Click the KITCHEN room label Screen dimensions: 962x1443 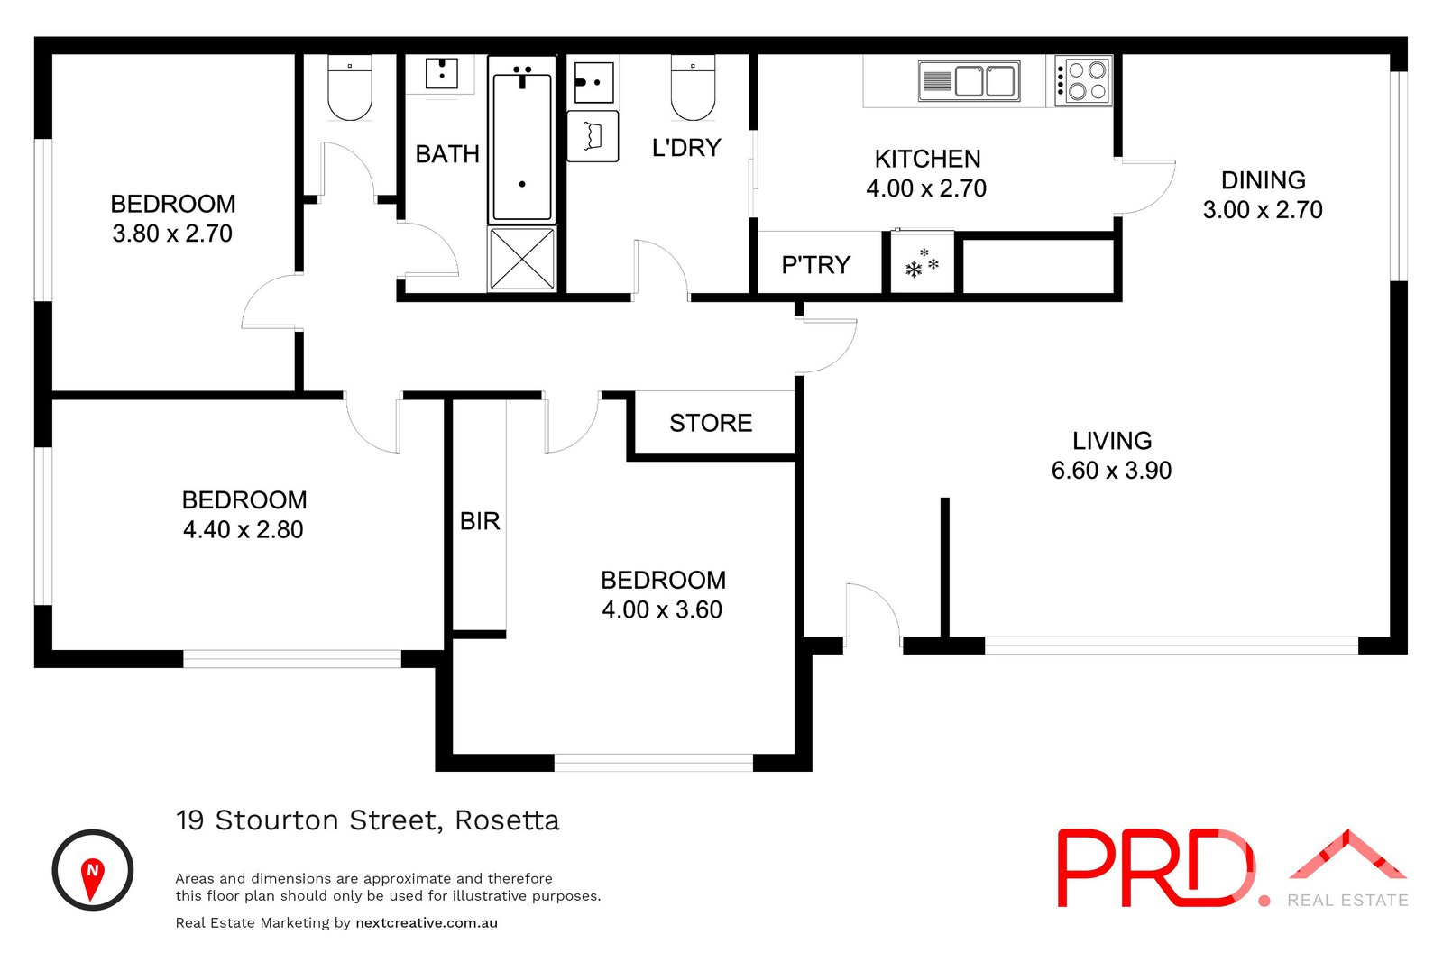[x=927, y=159]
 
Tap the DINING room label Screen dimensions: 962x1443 [x=1263, y=180]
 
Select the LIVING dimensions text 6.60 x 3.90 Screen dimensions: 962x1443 [x=1111, y=471]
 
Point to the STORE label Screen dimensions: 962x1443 [x=711, y=423]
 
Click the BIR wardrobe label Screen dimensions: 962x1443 [x=480, y=521]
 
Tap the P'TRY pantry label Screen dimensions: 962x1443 [x=816, y=265]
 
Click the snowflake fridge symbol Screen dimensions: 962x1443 [x=922, y=264]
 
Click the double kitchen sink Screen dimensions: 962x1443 [x=970, y=81]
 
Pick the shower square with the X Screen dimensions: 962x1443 [x=522, y=260]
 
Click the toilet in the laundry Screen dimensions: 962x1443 [x=693, y=88]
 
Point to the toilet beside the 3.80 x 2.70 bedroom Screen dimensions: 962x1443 [x=349, y=88]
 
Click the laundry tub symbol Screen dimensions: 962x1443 [x=593, y=136]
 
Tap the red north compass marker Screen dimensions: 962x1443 [x=92, y=876]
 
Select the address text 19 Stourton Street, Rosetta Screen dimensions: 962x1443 [x=367, y=820]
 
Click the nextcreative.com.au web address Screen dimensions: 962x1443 [x=427, y=922]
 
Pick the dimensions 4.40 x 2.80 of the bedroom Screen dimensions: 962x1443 [x=243, y=530]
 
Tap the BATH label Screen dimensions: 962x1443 [x=447, y=154]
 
